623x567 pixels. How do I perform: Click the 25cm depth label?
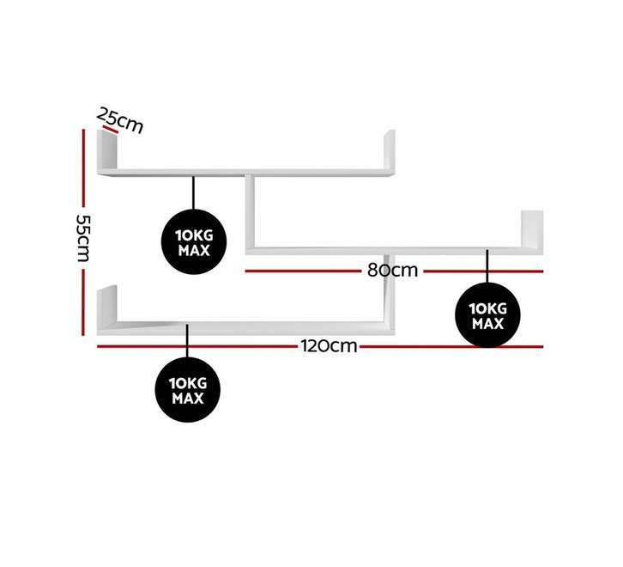pos(120,120)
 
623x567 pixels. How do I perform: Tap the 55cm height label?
pos(83,238)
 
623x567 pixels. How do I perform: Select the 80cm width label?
pos(392,271)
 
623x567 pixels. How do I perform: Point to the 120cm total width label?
pos(329,346)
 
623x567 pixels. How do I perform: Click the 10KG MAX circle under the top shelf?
pos(194,242)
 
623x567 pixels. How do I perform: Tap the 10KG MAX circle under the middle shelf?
pos(487,315)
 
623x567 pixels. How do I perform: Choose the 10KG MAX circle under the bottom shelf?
pos(188,389)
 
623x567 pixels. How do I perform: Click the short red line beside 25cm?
pos(111,130)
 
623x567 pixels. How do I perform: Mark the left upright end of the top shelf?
pos(107,150)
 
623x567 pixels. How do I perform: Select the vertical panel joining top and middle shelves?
pos(250,211)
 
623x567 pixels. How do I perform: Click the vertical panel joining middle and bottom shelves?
pos(390,289)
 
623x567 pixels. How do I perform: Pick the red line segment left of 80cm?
pos(303,271)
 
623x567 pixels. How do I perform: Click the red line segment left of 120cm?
pos(197,346)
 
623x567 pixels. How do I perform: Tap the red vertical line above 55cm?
pos(83,168)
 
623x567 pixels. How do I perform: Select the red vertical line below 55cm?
pos(83,302)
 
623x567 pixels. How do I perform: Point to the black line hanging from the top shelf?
pos(193,193)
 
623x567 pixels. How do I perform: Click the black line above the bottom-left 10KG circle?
pos(188,340)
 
